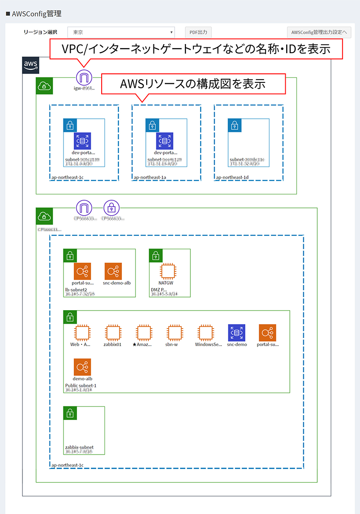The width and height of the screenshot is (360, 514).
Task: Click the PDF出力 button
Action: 198,32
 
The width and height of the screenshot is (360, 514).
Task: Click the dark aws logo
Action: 31,65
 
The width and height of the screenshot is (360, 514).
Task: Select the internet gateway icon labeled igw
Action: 84,77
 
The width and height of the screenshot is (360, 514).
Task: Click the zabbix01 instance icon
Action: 113,333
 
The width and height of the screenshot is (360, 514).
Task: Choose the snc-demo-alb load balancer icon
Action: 113,271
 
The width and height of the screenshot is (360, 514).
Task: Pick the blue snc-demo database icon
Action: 237,333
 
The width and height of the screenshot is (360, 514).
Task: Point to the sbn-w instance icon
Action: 174,333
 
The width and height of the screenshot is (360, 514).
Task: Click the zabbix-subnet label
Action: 79,447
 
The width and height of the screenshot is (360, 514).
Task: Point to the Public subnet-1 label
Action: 81,385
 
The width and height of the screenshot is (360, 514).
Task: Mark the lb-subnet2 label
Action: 76,289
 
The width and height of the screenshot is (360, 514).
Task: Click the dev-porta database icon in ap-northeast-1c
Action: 82,141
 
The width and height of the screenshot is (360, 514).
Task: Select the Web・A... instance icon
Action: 82,333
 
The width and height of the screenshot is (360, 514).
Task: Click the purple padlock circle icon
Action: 112,208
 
